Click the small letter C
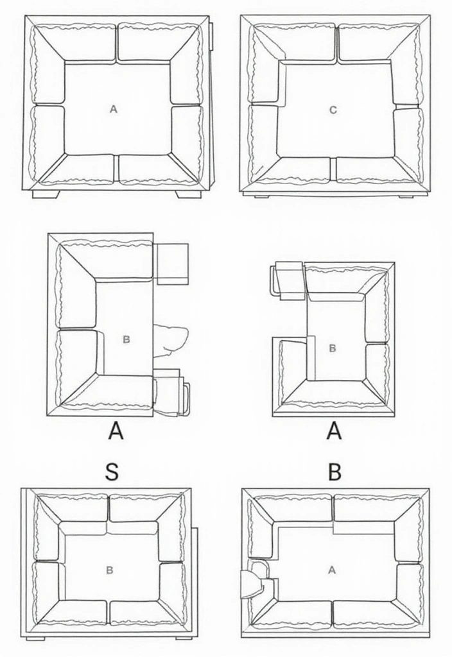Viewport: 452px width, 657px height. coord(333,110)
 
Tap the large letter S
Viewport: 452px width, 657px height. coord(112,473)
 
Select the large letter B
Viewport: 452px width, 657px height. coord(334,473)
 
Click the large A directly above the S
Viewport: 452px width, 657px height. coord(115,432)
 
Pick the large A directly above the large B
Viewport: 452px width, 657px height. coord(334,432)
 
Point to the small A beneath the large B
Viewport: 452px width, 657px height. coord(332,569)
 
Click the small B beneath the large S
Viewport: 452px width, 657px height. coord(110,569)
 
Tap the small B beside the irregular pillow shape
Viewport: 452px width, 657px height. coord(126,339)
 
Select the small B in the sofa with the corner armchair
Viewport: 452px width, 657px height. coord(332,348)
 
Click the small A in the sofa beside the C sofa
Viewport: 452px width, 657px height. coord(114,110)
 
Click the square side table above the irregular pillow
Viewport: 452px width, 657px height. coord(172,263)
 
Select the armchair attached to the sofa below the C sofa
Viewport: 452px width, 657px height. coord(287,280)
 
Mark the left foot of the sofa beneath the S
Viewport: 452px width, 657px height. coord(35,638)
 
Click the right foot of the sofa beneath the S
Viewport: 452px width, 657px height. coord(184,638)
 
